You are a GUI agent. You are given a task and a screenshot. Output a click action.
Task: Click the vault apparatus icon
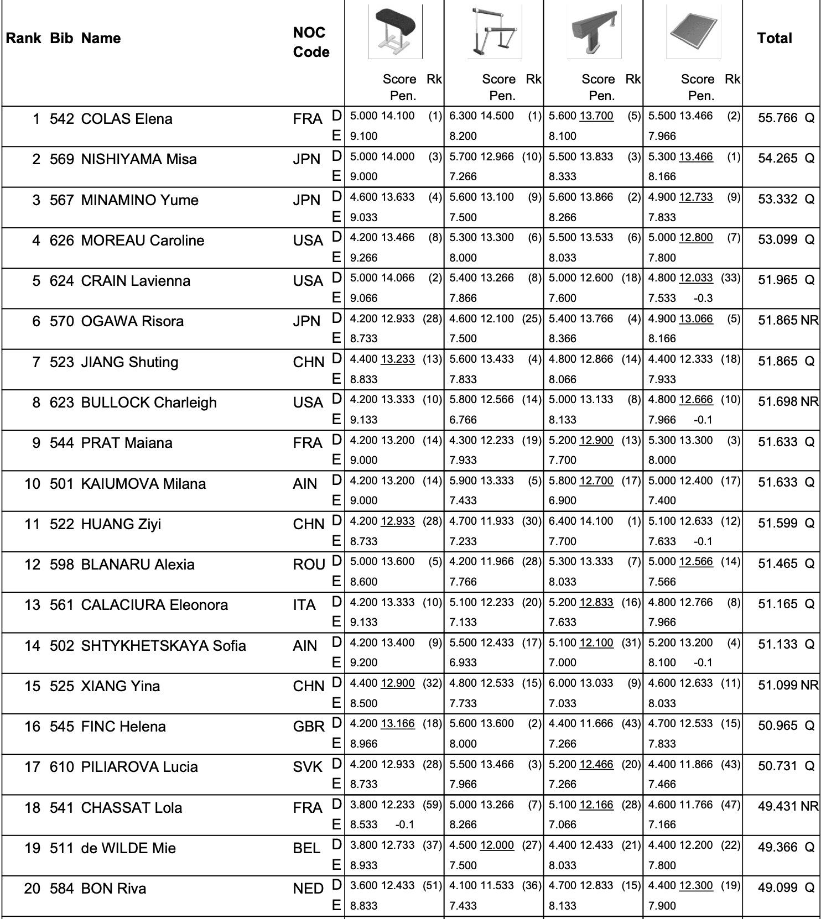pos(395,32)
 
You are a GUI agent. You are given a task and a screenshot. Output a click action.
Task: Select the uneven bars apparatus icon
pos(494,32)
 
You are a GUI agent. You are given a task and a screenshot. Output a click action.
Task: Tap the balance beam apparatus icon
pos(594,32)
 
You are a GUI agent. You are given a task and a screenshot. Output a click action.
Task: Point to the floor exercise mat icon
pos(693,32)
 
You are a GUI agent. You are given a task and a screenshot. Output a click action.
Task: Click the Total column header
pos(775,38)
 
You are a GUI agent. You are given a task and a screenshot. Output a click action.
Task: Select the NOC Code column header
pos(311,42)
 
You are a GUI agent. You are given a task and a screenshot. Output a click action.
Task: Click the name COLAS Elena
pos(127,119)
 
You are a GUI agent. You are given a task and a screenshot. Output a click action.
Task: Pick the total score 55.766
pos(778,118)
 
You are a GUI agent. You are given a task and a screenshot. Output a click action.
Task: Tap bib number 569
pos(61,159)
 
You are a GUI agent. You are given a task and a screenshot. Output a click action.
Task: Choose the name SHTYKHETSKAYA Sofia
pos(163,645)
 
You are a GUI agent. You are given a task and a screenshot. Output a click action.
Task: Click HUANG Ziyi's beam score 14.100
pos(596,521)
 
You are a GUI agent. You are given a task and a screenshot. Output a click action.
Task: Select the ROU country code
pos(309,565)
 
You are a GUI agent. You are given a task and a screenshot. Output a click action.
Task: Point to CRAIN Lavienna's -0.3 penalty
pos(703,298)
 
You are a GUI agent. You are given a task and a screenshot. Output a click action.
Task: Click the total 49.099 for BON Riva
pos(778,887)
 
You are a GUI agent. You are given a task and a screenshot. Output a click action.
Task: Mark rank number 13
pos(33,605)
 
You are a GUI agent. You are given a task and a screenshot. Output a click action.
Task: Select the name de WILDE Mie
pos(128,848)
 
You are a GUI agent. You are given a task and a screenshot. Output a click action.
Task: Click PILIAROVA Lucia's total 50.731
pos(778,766)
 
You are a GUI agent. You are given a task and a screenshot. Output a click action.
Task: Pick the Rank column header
pos(23,38)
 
